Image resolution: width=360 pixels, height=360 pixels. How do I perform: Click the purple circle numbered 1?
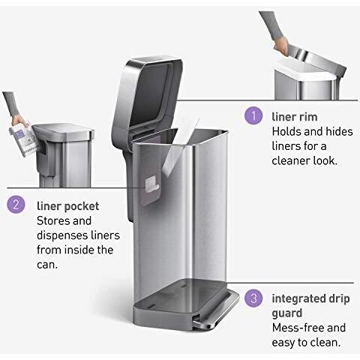pyautogui.click(x=253, y=115)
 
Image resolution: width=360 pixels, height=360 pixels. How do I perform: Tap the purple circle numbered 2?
pyautogui.click(x=16, y=205)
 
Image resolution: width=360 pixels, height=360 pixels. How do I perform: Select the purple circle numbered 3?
pyautogui.click(x=253, y=298)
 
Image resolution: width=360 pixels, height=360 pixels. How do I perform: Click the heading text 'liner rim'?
pyautogui.click(x=295, y=117)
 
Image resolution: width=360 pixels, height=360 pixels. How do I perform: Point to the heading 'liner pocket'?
pyautogui.click(x=67, y=207)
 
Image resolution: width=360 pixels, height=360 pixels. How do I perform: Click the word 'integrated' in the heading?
pyautogui.click(x=297, y=298)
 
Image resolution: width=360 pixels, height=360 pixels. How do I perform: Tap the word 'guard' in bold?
pyautogui.click(x=287, y=313)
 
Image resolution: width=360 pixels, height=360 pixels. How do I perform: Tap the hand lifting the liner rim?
pyautogui.click(x=281, y=46)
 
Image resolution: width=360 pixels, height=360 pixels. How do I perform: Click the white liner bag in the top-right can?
pyautogui.click(x=305, y=70)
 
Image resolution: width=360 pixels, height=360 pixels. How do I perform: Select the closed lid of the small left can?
pyautogui.click(x=64, y=131)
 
